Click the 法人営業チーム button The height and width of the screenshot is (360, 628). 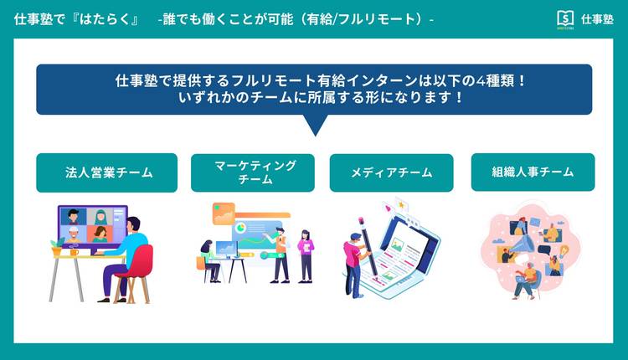tap(106, 172)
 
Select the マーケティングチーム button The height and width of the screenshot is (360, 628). tap(253, 172)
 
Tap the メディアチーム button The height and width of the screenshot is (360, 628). tap(391, 172)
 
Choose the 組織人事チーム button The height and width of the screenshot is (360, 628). tap(533, 172)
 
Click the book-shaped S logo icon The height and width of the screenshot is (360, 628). tap(565, 18)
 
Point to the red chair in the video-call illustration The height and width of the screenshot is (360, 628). tap(136, 272)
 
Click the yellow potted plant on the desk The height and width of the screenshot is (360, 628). tap(57, 247)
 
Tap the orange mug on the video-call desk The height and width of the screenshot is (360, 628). tap(74, 252)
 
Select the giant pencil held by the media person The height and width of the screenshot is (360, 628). tap(369, 249)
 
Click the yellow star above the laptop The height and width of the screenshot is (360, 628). tap(401, 204)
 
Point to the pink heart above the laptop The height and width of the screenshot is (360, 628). tap(388, 208)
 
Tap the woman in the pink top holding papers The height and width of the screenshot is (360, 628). tap(306, 256)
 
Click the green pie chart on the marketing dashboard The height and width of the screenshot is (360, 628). tap(241, 228)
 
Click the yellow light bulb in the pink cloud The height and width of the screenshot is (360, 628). tap(564, 250)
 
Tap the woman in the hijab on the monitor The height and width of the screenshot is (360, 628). tap(100, 217)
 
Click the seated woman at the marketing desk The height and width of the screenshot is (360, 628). tap(210, 261)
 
